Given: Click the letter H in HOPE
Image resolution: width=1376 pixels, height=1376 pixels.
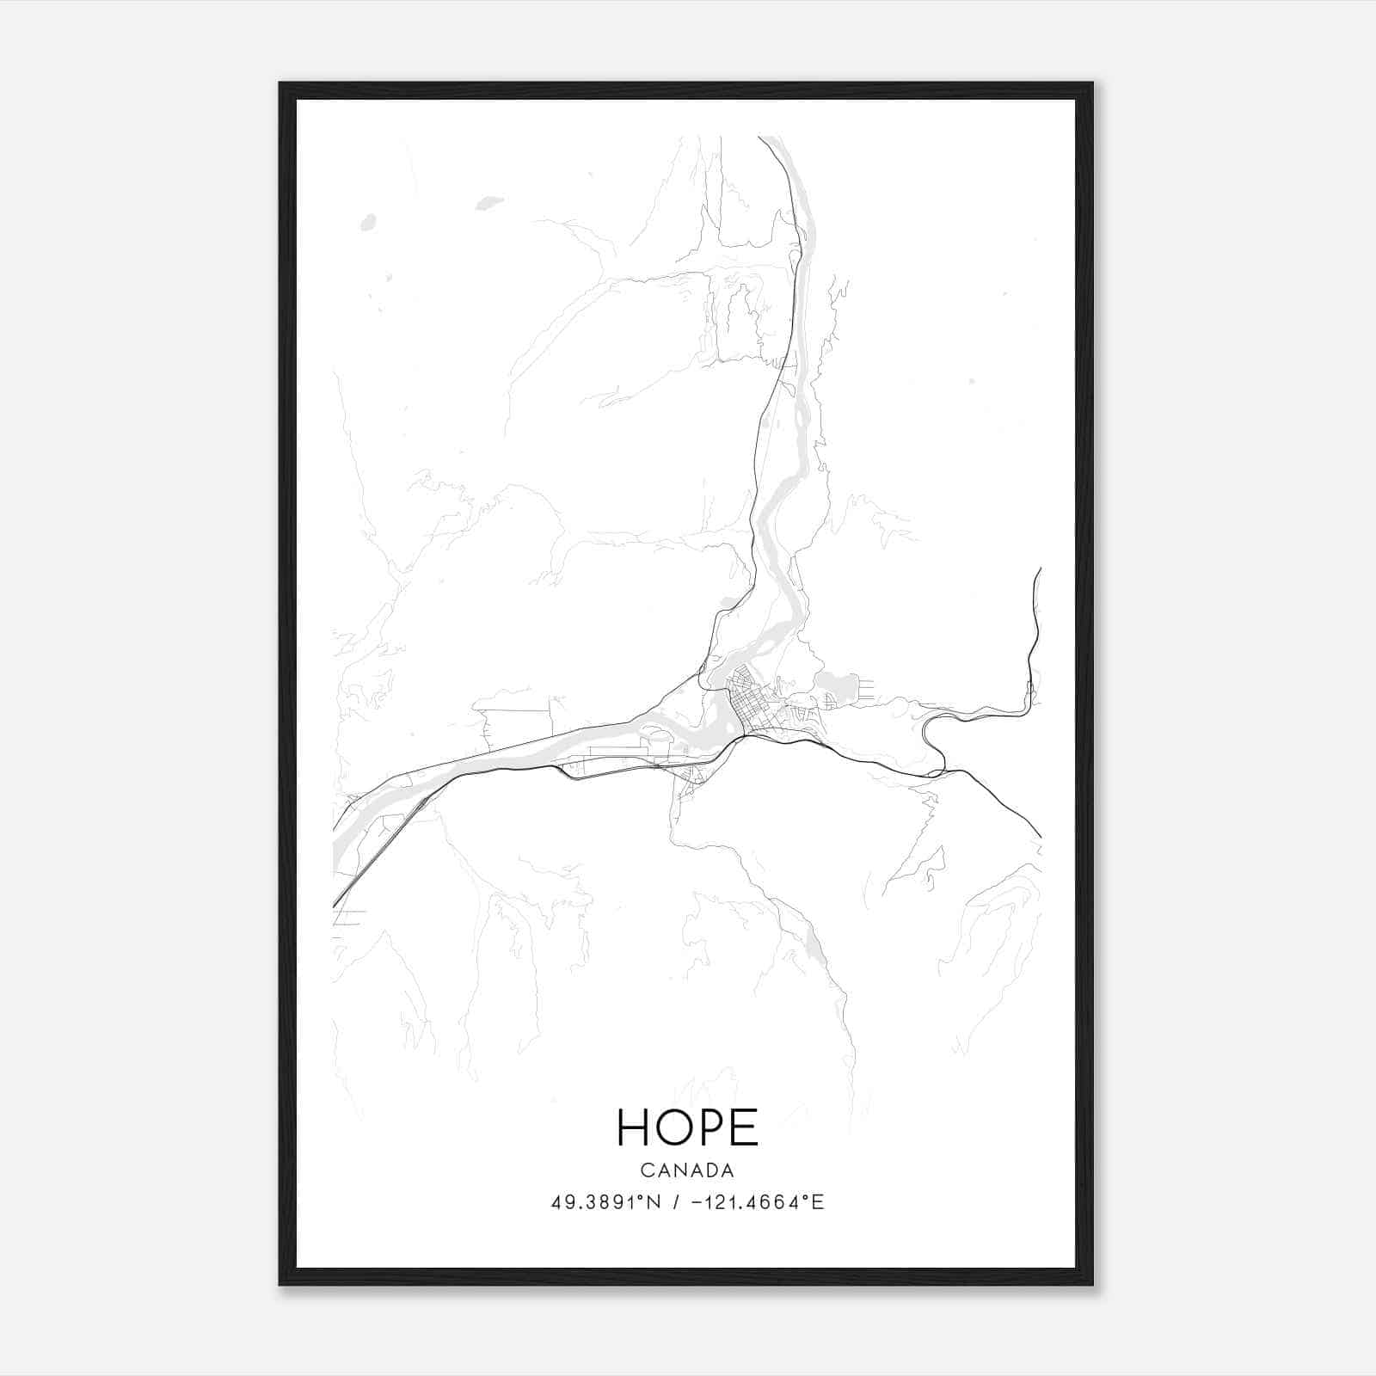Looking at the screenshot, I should pos(636,1127).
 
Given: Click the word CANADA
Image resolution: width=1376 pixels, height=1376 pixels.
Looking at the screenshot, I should pos(687,1170).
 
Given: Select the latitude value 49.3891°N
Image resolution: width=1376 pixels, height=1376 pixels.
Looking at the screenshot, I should pos(605,1202).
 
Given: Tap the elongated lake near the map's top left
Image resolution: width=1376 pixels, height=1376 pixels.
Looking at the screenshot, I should pos(489,204).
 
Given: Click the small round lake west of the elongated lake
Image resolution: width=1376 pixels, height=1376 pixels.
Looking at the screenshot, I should pos(369,222).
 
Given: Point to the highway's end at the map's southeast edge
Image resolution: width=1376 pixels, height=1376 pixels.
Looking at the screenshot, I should pos(1040,835).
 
